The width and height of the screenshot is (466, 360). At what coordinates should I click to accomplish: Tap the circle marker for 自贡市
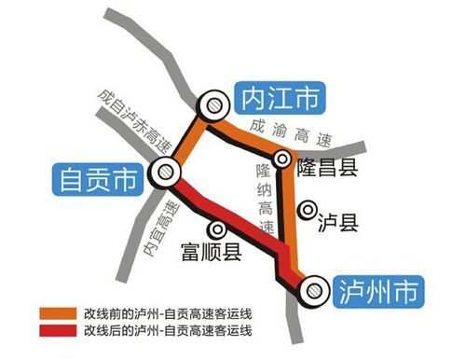(x=164, y=170)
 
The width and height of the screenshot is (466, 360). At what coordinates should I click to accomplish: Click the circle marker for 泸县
(x=304, y=211)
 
